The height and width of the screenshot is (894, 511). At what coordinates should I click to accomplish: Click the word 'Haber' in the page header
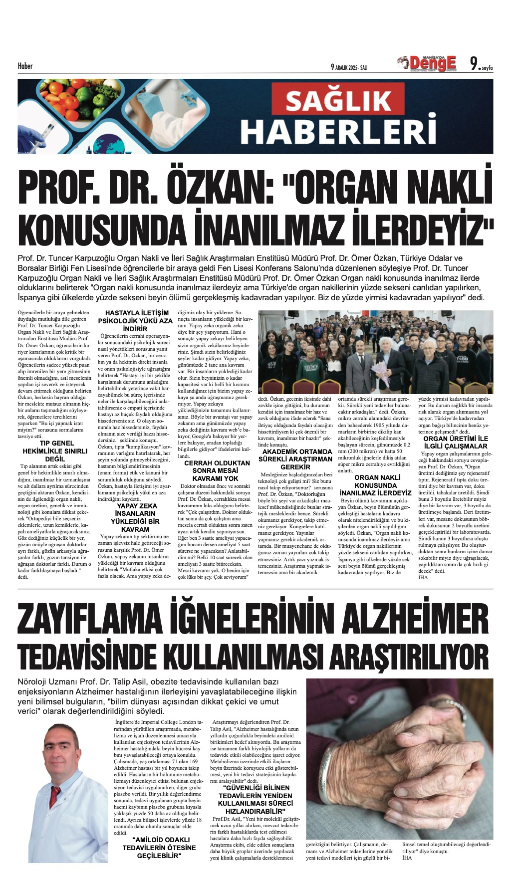[x=25, y=66]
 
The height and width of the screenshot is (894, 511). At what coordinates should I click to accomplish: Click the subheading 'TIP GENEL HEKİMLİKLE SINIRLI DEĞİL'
[x=55, y=451]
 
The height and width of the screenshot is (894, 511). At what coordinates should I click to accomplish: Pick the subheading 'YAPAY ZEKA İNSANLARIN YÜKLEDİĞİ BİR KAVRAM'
[x=136, y=518]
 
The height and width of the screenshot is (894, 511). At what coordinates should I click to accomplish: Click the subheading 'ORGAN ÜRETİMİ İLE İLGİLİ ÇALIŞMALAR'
[x=455, y=442]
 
